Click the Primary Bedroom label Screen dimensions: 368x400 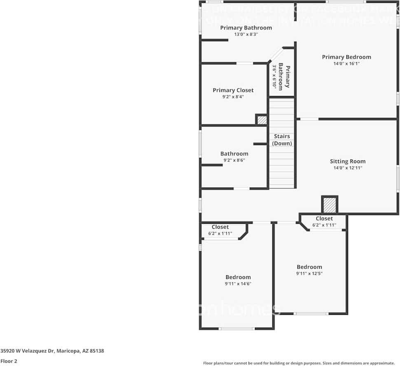[x=346, y=57]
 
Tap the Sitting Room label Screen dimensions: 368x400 [x=348, y=162]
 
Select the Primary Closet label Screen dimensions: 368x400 [x=233, y=90]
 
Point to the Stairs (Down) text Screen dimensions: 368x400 [x=282, y=140]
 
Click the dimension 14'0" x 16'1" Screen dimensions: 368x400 [x=346, y=64]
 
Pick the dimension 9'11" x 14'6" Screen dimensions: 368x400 [x=238, y=284]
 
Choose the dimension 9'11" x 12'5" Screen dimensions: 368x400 [x=309, y=273]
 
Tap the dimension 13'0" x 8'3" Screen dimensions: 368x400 [x=246, y=34]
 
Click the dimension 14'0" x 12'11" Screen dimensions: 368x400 [x=348, y=168]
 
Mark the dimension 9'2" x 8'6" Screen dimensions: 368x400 [x=234, y=160]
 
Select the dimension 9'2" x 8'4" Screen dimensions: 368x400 [x=233, y=97]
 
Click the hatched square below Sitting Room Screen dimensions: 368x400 [x=329, y=204]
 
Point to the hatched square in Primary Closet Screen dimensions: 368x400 [x=262, y=120]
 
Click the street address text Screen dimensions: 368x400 [x=52, y=351]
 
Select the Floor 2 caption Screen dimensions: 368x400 [x=9, y=361]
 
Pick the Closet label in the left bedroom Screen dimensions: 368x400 [x=220, y=227]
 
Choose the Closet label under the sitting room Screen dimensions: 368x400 [x=324, y=218]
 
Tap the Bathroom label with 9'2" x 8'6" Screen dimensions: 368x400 [x=234, y=154]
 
